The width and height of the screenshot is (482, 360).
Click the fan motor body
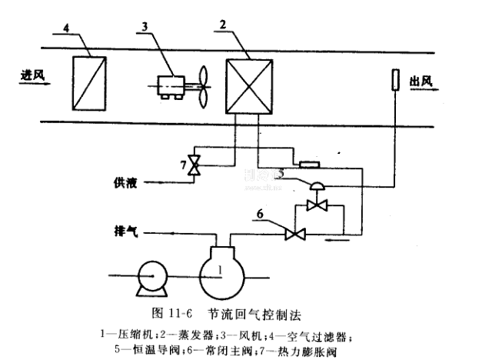(175, 85)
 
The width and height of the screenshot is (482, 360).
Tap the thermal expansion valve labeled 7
(196, 164)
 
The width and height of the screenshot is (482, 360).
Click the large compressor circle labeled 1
(221, 272)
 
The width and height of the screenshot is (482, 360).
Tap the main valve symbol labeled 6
(292, 232)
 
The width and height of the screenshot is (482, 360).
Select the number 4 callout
(65, 28)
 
